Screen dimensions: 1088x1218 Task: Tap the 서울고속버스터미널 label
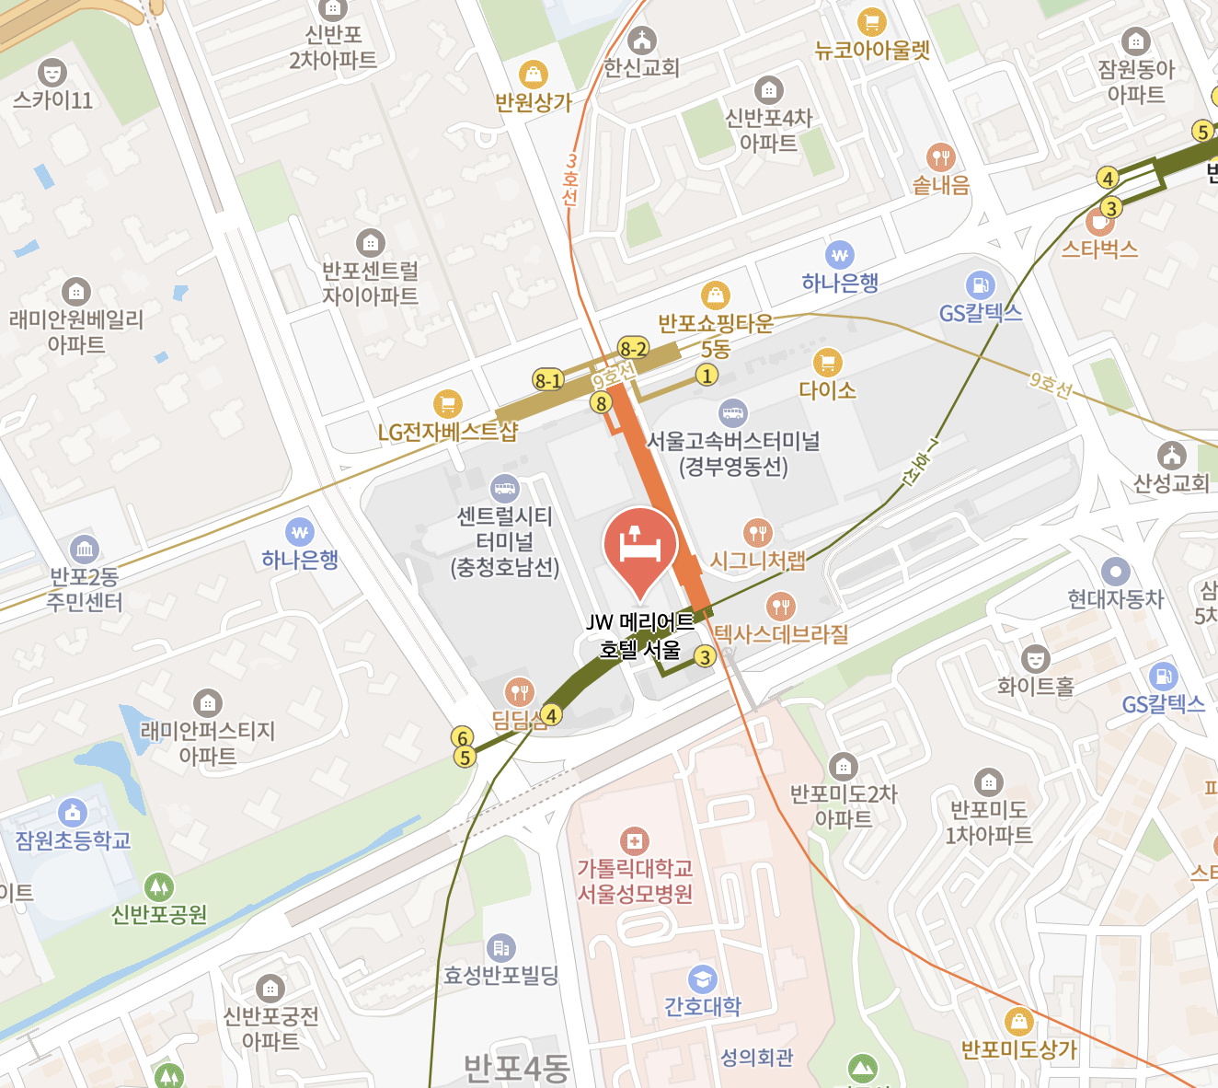(733, 442)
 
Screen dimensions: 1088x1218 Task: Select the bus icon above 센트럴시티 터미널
(505, 488)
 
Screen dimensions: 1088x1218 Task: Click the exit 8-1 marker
(547, 380)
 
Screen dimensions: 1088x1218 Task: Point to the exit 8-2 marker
(633, 348)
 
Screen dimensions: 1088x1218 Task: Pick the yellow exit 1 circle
(707, 375)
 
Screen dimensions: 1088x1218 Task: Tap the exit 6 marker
(464, 737)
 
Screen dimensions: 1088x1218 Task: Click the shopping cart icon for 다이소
(827, 362)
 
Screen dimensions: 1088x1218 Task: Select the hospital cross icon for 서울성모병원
(634, 841)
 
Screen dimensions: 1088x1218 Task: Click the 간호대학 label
(703, 1006)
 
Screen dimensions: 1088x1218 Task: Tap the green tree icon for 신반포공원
(159, 886)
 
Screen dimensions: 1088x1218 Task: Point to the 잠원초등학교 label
(73, 840)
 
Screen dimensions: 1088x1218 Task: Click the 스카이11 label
(53, 99)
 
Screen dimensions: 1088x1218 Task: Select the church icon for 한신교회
(641, 41)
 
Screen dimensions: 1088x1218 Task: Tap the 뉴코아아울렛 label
(872, 51)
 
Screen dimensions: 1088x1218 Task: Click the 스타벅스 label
(1099, 249)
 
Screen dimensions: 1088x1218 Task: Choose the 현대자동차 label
(1115, 599)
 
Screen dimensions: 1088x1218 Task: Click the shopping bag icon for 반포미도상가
(1018, 1022)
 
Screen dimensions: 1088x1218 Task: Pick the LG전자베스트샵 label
(448, 432)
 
